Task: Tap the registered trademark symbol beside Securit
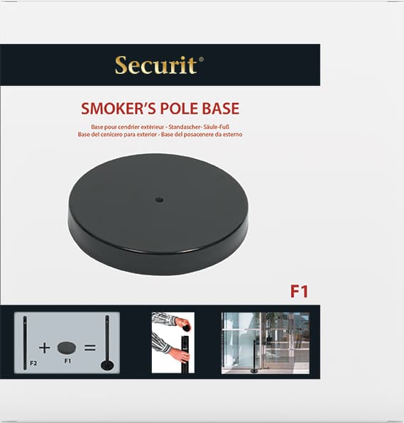pos(201,59)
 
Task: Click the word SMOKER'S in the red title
pos(119,109)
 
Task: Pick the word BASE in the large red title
pos(221,109)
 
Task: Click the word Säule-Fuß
pos(219,127)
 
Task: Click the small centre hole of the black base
pos(159,200)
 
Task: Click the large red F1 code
pos(299,292)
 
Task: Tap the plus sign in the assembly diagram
pos(45,348)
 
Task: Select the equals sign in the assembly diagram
pos(90,348)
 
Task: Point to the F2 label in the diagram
pos(33,363)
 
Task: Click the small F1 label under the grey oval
pos(67,361)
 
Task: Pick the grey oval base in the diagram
pos(67,348)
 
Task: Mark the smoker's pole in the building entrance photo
pos(254,357)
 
